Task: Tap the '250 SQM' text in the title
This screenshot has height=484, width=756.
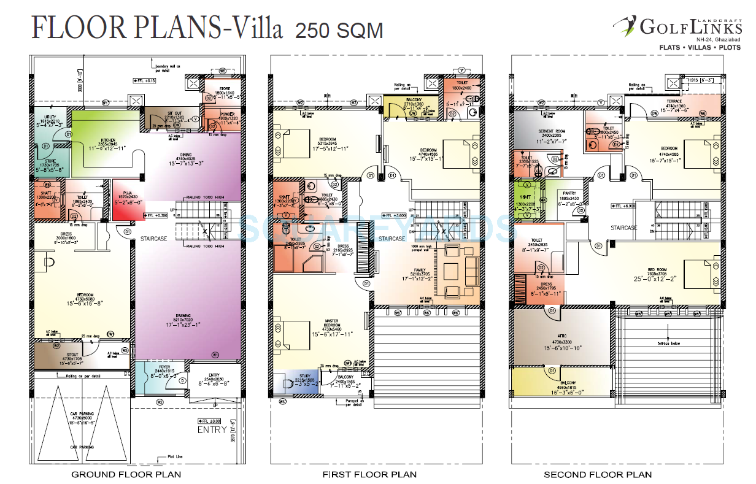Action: tap(339, 30)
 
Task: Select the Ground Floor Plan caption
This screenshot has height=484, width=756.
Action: tap(126, 474)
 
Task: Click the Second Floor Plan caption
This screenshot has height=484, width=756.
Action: tap(597, 474)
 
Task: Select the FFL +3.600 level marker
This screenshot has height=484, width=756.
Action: tap(395, 215)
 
